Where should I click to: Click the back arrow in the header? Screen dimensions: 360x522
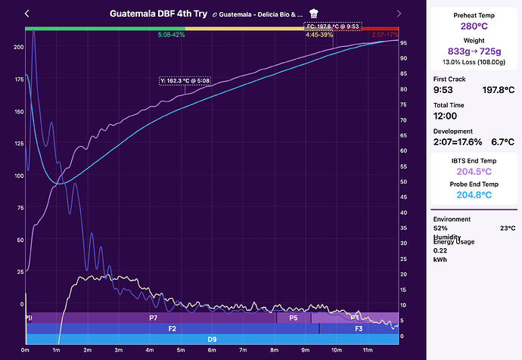click(27, 14)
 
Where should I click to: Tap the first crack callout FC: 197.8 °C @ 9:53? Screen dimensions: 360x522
click(333, 26)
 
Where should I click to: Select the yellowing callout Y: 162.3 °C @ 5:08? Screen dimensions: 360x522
click(185, 81)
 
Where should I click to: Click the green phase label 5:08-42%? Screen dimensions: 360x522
click(172, 36)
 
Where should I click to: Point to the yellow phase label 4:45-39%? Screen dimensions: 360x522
click(319, 36)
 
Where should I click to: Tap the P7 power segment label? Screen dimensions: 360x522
click(153, 318)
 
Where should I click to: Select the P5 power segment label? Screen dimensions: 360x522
click(294, 318)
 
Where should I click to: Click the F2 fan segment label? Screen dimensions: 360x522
click(172, 329)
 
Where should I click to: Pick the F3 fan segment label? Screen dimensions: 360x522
click(359, 329)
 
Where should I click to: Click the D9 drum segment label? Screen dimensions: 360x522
click(213, 340)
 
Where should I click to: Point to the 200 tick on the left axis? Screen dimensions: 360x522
click(18, 47)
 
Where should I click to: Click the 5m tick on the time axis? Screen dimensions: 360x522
click(181, 350)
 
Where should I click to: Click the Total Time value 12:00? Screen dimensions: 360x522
click(446, 116)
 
